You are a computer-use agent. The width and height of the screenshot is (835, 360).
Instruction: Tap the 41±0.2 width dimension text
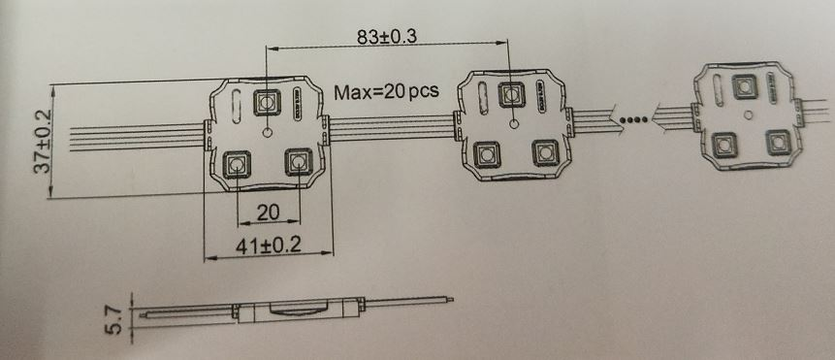[x=266, y=246]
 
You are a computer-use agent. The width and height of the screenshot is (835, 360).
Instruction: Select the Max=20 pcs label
[x=387, y=92]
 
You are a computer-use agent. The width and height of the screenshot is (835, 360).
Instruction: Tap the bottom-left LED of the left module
[x=236, y=164]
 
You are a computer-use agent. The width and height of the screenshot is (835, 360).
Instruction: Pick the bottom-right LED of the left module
[x=297, y=162]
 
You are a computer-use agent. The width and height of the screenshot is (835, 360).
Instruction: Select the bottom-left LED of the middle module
[x=484, y=153]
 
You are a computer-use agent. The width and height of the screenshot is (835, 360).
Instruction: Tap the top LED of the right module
[x=745, y=83]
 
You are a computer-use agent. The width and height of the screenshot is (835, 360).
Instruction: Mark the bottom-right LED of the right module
[x=777, y=141]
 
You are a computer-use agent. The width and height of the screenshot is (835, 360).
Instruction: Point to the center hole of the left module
[x=268, y=131]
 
